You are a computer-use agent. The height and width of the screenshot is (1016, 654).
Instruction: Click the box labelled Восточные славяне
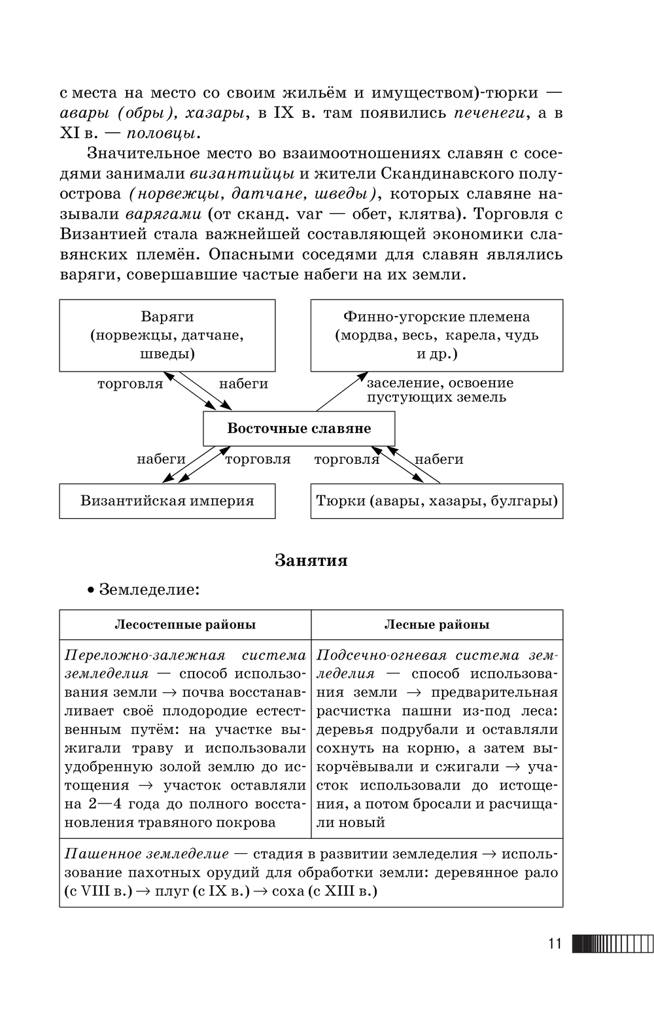299,429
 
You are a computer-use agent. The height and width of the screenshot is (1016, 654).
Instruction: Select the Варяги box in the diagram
167,335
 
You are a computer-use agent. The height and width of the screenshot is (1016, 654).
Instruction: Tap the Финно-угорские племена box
436,335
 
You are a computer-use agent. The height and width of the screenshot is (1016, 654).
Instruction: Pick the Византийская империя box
167,501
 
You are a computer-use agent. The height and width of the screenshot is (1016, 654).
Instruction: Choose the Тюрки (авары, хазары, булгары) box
436,501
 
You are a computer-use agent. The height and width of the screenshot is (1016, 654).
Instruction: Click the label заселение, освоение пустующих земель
440,390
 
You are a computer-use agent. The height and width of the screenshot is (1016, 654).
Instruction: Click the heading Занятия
311,561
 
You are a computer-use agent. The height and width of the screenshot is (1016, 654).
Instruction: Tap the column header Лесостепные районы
185,625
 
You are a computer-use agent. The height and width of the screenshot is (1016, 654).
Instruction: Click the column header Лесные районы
436,625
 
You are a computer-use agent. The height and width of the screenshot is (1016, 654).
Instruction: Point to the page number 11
555,944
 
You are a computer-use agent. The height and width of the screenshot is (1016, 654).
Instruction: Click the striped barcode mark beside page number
611,944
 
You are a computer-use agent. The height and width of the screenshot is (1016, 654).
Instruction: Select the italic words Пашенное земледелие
147,854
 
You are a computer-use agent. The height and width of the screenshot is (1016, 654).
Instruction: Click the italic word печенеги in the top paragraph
490,113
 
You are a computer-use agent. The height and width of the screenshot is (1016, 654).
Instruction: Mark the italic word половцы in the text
160,133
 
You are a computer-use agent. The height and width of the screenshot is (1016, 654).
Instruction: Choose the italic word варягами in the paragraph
163,214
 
